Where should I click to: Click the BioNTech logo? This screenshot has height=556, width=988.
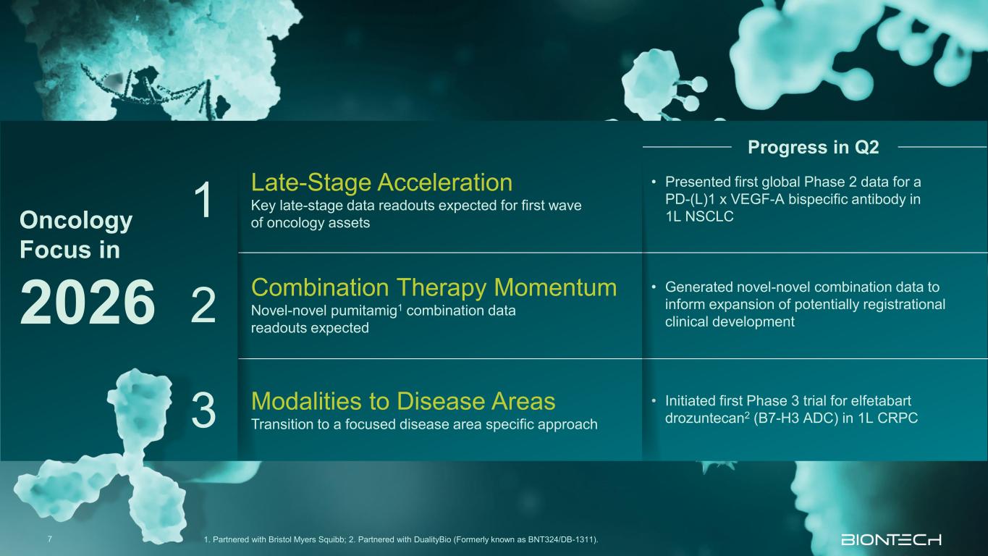click(891, 539)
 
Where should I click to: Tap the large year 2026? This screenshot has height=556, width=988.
click(88, 303)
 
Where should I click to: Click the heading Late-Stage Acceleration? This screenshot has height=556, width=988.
click(381, 182)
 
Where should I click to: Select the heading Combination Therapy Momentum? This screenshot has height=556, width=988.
click(434, 287)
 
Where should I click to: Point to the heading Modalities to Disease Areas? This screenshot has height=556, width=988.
click(403, 401)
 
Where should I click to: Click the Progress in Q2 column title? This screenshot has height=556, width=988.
click(814, 148)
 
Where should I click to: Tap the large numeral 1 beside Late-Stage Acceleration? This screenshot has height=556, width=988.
click(203, 201)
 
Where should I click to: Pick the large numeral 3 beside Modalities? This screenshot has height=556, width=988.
click(203, 410)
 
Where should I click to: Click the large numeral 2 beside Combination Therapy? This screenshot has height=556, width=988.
click(203, 306)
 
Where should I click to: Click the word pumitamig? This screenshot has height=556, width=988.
click(364, 311)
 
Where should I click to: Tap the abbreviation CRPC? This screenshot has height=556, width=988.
click(898, 418)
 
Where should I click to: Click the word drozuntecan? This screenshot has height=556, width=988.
click(705, 418)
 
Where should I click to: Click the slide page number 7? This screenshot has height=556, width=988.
click(49, 539)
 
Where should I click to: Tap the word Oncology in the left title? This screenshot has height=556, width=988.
click(76, 221)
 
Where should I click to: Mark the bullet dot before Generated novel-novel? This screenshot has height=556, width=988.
click(654, 287)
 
